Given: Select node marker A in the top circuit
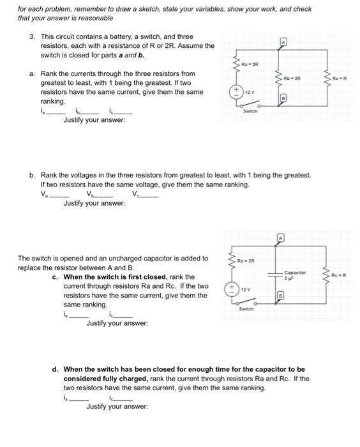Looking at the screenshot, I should tap(281, 42).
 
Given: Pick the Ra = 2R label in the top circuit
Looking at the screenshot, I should tap(248, 64).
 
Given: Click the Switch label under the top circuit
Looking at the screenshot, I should tap(251, 110).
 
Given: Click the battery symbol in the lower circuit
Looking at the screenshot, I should tap(233, 289).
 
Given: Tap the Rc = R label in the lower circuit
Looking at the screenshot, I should tap(339, 275).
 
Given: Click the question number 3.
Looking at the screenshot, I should tap(32, 36).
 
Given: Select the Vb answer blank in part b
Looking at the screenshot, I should tap(102, 195).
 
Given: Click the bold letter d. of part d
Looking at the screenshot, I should tap(56, 369).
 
